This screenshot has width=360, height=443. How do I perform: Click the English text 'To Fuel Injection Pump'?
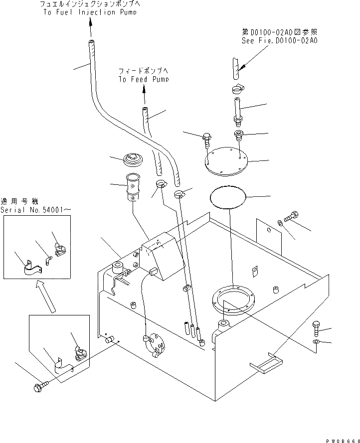pos(90,12)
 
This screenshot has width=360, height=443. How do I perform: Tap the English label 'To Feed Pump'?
pos(144,79)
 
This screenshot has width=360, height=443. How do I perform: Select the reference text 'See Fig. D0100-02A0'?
pos(279,41)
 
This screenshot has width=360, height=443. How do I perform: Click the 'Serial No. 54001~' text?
pos(35,210)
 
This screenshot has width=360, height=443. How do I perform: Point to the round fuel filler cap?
pos(133,159)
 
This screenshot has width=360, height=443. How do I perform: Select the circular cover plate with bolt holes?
pos(226,161)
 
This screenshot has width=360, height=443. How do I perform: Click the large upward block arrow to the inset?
pos(45,296)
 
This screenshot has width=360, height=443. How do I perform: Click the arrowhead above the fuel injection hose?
pos(91,22)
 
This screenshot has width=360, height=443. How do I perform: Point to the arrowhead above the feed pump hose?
pos(144,89)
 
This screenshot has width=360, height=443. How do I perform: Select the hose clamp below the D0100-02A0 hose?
pos(236,89)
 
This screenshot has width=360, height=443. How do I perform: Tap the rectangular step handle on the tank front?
pos(267,364)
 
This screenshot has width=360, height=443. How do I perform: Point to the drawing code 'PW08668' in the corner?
pos(343,441)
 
